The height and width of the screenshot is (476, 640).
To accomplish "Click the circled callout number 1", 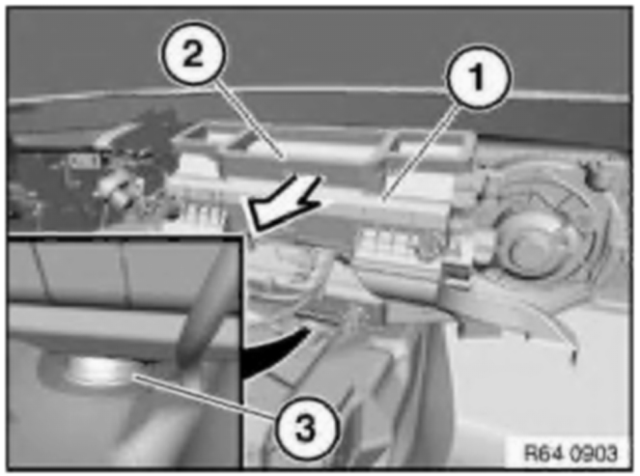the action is click(x=477, y=76).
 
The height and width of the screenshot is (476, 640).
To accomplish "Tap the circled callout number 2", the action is click(x=193, y=53).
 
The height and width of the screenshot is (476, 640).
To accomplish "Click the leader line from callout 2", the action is click(x=249, y=120).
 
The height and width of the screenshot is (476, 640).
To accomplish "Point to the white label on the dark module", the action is click(x=85, y=162).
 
